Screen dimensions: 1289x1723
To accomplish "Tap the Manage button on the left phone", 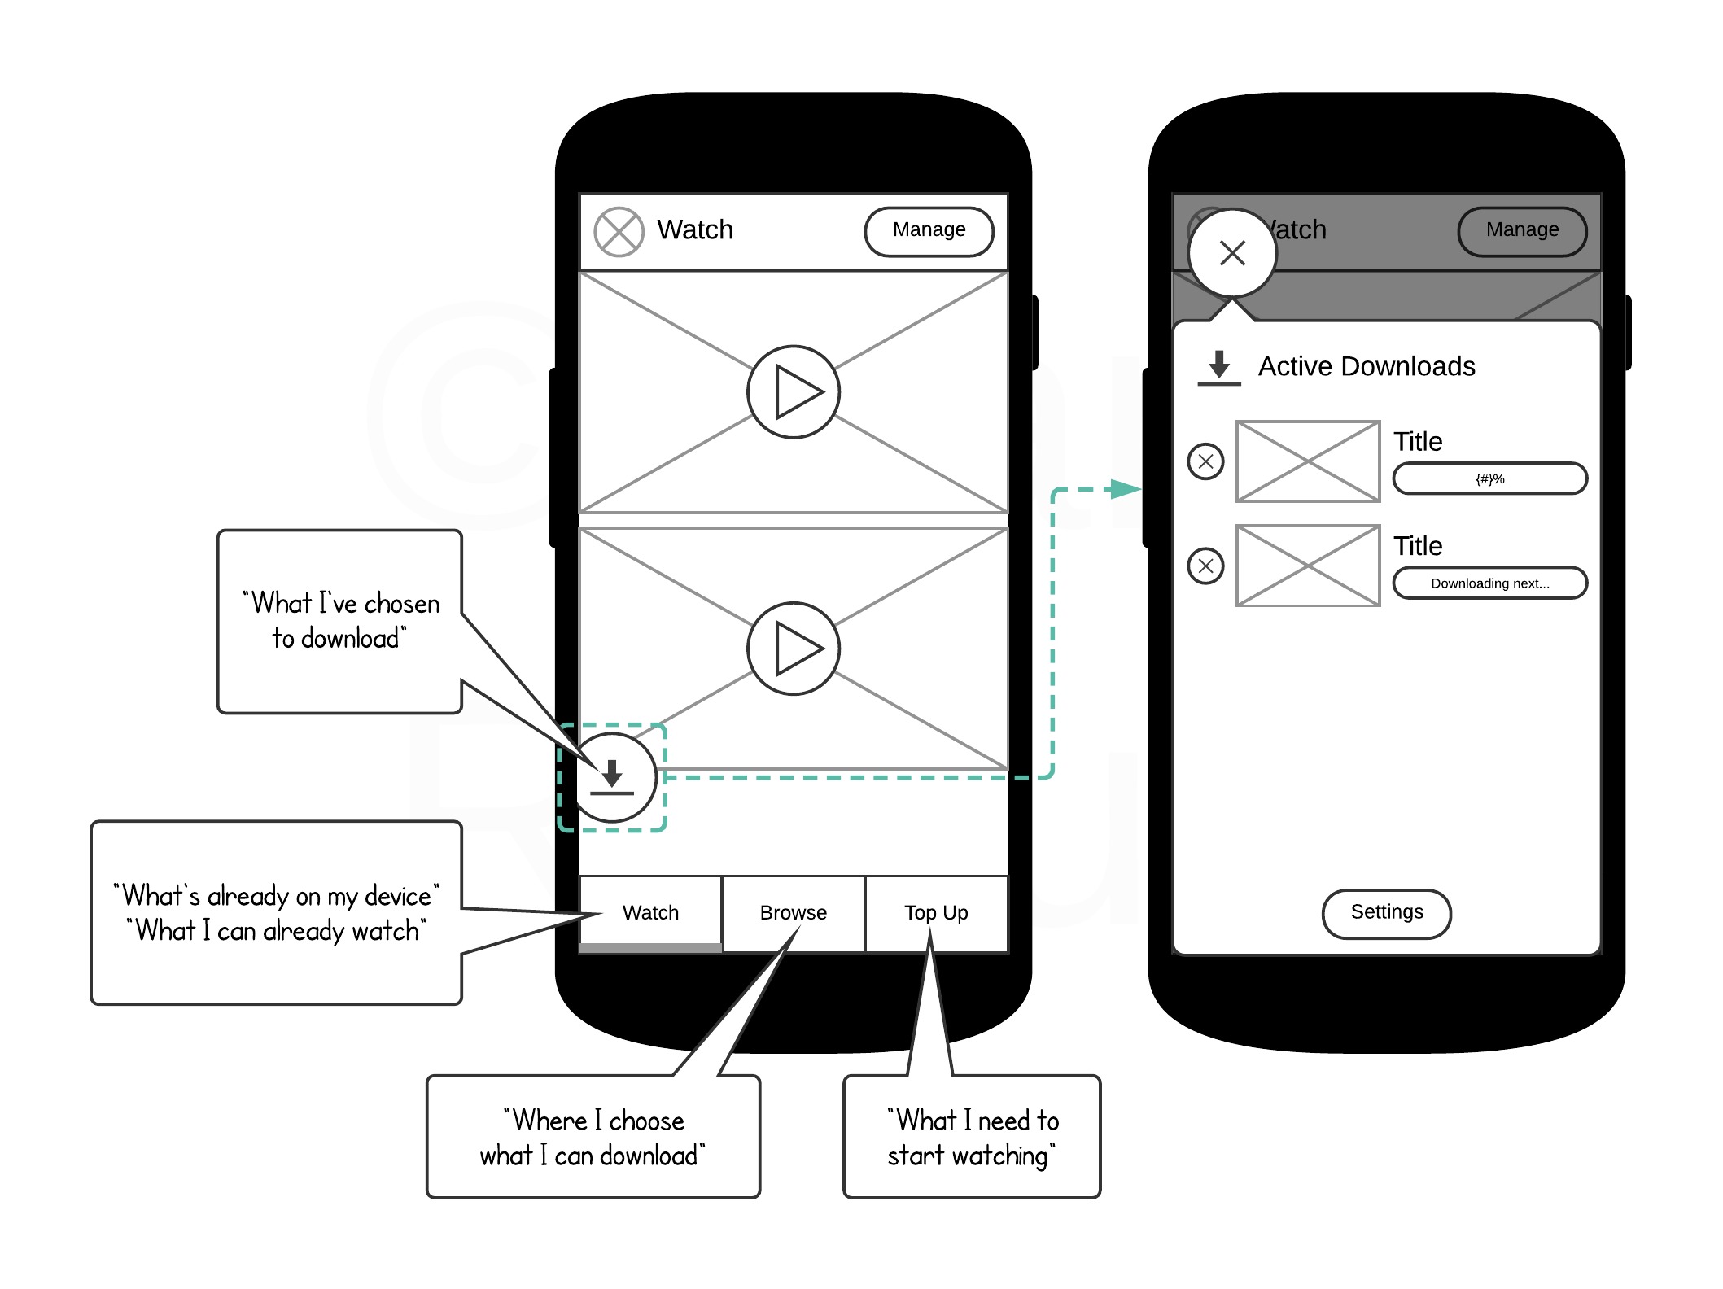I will point(929,231).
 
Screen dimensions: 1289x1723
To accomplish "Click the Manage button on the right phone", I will point(1522,231).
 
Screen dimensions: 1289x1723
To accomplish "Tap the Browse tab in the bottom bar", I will point(793,913).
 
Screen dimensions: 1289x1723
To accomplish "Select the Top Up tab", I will point(936,913).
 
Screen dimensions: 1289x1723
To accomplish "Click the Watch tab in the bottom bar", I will point(650,913).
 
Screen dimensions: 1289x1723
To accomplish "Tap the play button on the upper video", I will point(794,392).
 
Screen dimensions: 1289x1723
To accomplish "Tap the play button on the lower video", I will point(794,649).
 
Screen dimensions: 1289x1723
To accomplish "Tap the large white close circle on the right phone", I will point(1232,253).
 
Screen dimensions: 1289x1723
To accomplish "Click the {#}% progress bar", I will point(1489,478).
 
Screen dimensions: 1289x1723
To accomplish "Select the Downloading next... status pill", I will point(1489,583).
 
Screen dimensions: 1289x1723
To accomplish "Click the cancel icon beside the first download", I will point(1205,461).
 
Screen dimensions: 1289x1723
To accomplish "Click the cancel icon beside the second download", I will point(1205,566).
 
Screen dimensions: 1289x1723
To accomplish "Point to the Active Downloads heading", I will point(1367,367).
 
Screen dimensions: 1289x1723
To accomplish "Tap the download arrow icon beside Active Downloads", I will point(1218,367).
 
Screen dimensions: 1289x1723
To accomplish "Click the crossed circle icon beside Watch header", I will point(619,232).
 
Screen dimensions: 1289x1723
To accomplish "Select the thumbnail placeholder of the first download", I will point(1307,461).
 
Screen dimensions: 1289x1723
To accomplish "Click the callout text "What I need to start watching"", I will point(972,1138).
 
